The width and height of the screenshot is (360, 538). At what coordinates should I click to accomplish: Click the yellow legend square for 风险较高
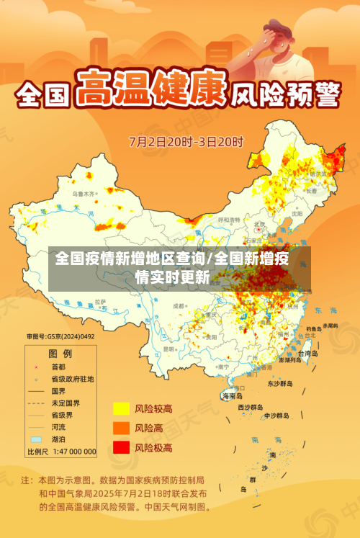tap(120, 409)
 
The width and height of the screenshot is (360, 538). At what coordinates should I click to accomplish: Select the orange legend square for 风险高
tap(120, 429)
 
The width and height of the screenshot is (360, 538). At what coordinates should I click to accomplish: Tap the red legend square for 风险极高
tap(120, 448)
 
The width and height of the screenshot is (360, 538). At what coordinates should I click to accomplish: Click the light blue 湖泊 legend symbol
tap(36, 439)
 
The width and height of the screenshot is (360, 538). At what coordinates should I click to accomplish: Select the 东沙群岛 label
tap(279, 384)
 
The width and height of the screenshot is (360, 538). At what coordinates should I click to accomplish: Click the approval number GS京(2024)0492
tap(60, 336)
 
